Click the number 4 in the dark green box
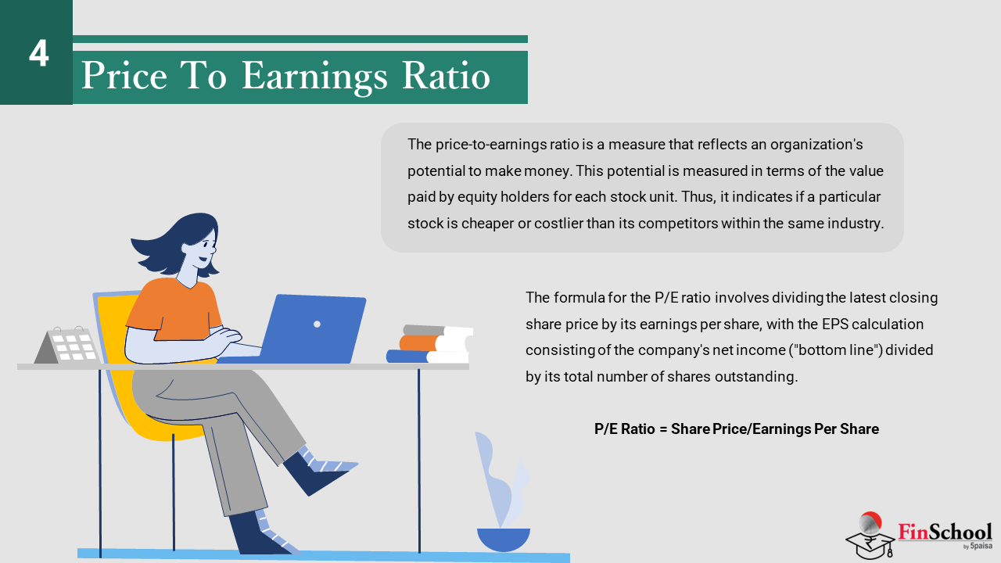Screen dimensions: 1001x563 [38, 54]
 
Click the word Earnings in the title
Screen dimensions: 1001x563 [314, 77]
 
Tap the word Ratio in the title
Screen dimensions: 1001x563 [446, 75]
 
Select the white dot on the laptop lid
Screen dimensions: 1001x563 [317, 324]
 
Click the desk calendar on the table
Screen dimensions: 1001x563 [67, 345]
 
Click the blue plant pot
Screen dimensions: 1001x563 [504, 540]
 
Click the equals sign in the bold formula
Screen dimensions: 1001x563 [663, 429]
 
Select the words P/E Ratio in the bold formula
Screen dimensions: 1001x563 [624, 429]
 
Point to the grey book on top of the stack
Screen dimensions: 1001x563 [424, 330]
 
